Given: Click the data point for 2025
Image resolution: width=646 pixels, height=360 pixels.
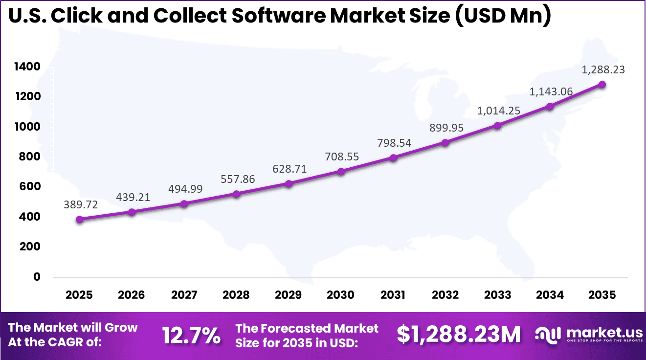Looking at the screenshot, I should (x=79, y=220).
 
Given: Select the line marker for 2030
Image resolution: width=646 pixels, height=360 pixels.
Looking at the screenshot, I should (x=341, y=172).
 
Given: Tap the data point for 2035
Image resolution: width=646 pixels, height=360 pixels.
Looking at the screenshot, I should (x=602, y=85).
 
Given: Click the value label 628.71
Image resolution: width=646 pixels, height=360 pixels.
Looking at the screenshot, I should (x=290, y=169).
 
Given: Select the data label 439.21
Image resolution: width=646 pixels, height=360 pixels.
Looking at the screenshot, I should (x=133, y=197).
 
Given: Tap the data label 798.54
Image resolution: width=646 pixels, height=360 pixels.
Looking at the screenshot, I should (x=394, y=143).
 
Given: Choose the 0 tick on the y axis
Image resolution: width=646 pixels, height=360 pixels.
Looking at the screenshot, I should (x=37, y=277).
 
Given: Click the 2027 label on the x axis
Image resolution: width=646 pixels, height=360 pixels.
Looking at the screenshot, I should (x=184, y=295).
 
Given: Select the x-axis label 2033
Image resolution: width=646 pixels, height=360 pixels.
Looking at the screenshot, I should (x=497, y=295).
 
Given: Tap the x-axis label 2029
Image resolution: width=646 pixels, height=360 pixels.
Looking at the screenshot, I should (x=289, y=295).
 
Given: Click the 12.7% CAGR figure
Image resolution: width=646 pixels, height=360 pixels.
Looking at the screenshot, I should (x=191, y=336).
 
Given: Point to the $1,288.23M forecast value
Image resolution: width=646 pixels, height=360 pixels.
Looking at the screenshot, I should (x=458, y=335).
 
